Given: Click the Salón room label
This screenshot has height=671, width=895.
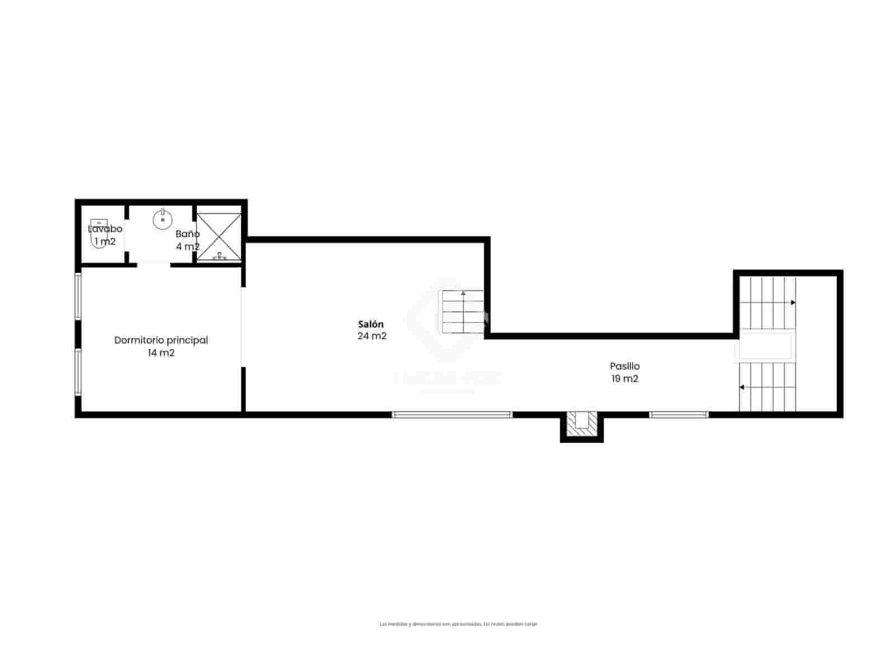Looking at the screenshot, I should click(371, 324).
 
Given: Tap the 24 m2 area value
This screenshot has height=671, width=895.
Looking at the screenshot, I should click(372, 336).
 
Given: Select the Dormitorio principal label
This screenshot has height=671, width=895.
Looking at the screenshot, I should click(161, 340).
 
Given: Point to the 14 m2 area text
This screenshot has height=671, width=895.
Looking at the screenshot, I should click(161, 353).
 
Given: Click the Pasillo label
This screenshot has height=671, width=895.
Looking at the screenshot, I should click(625, 366).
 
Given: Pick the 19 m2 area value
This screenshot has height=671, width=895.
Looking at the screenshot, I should click(625, 379).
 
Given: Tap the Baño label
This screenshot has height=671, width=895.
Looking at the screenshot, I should click(187, 234).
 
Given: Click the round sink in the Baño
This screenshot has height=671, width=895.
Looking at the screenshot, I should click(162, 219).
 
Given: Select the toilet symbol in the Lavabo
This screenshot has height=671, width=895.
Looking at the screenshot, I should click(98, 235).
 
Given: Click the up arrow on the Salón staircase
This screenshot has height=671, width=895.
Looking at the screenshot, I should click(463, 293).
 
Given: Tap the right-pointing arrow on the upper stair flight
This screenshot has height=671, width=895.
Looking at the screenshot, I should click(793, 303).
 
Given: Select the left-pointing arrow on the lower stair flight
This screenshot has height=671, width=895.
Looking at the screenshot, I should click(742, 387).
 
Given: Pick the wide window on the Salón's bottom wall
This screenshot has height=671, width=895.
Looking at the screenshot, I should click(452, 414).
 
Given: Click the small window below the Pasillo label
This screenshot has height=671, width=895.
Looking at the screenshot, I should click(679, 414).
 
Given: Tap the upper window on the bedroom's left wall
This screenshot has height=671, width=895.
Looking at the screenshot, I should click(78, 296).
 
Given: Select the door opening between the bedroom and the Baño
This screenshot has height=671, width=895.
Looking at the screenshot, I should click(154, 264).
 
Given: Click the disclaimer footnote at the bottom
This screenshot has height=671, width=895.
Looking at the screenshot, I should click(459, 624).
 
